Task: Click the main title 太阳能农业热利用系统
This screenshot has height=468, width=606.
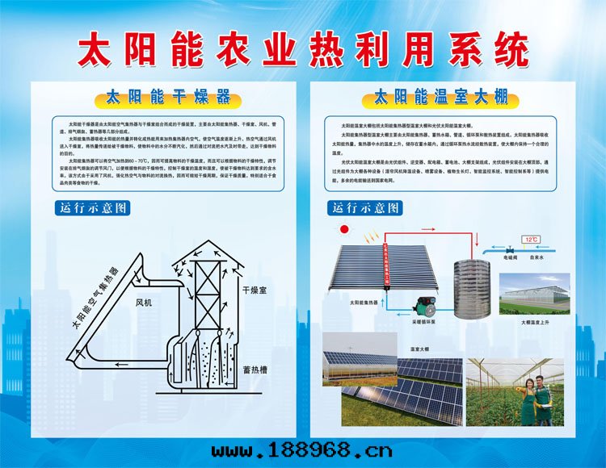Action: tap(302, 50)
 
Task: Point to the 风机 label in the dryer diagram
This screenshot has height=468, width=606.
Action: tap(145, 301)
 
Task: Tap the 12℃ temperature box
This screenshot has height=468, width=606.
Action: tap(532, 240)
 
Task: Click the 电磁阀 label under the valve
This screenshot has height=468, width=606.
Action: tap(511, 258)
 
